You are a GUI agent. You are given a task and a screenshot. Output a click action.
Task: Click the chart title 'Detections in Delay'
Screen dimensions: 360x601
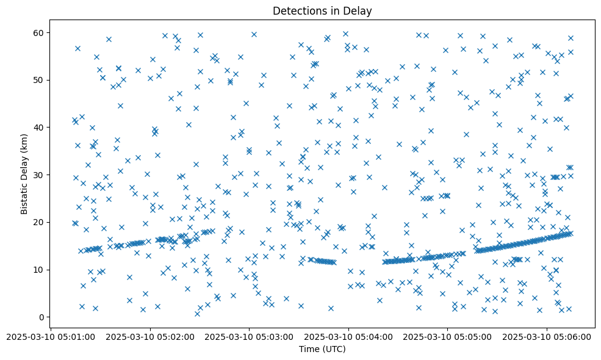pyautogui.click(x=322, y=11)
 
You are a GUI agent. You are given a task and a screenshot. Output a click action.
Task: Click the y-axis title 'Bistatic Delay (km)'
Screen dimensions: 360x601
pyautogui.click(x=24, y=173)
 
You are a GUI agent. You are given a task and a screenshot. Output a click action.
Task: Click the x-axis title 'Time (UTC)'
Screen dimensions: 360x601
pyautogui.click(x=322, y=349)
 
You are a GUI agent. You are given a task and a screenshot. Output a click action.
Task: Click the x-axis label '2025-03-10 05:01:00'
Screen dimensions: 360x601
pyautogui.click(x=51, y=336)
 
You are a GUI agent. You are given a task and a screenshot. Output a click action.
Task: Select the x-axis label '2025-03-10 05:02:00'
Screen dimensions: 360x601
pyautogui.click(x=149, y=336)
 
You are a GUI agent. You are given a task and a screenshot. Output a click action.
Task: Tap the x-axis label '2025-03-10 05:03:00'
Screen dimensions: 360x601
pyautogui.click(x=249, y=336)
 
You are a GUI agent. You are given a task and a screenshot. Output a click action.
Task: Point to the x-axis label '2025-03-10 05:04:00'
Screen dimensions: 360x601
pyautogui.click(x=348, y=336)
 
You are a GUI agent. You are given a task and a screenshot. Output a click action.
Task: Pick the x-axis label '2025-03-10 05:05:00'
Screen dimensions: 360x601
pyautogui.click(x=448, y=336)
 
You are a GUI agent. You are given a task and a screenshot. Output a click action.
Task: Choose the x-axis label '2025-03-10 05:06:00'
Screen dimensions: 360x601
pyautogui.click(x=547, y=336)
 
